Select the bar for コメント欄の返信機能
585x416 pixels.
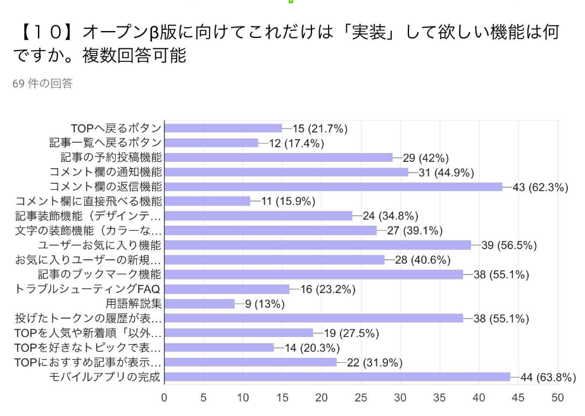333,187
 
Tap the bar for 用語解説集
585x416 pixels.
199,303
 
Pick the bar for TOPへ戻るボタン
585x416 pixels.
223,128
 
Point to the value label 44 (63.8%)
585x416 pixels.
548,377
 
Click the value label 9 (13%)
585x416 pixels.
265,304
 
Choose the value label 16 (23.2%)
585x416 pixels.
327,290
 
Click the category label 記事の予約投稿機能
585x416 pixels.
111,157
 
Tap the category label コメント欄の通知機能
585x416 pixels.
106,172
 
